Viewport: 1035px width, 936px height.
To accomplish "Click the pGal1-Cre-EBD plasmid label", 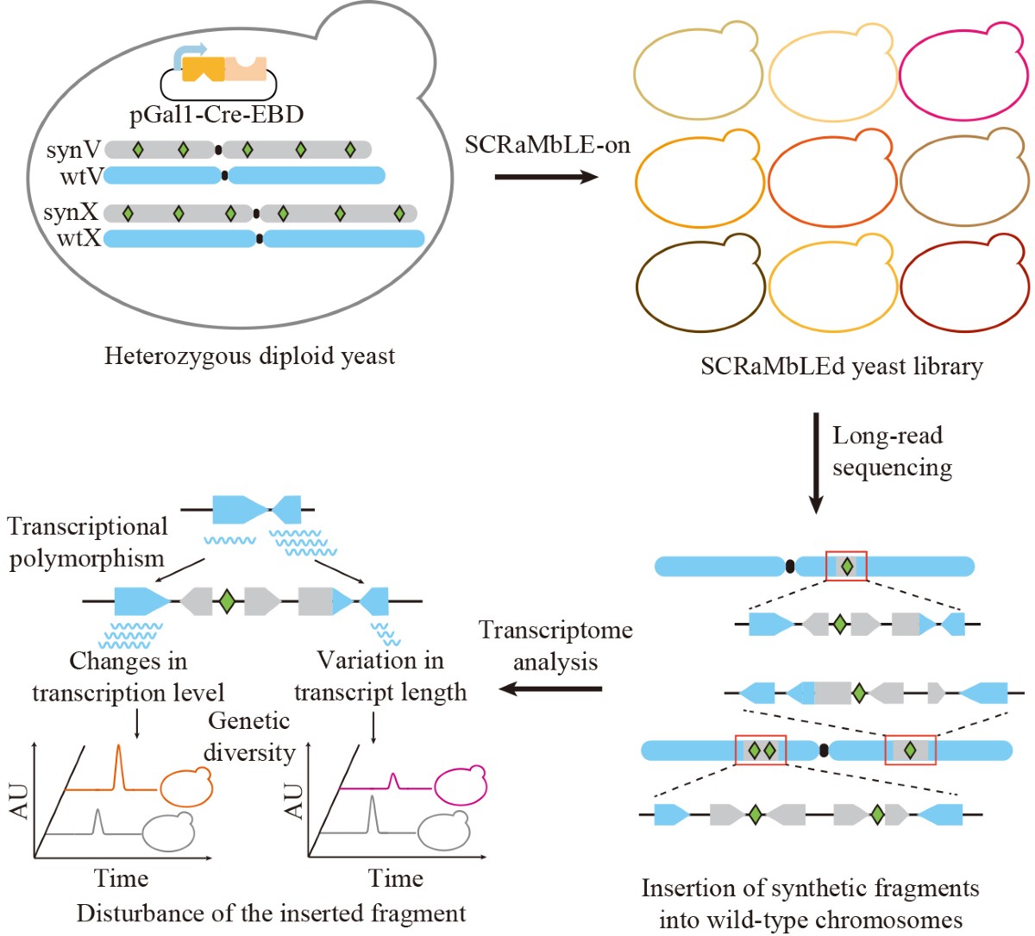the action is [216, 115].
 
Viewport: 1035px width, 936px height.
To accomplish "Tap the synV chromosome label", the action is [74, 150].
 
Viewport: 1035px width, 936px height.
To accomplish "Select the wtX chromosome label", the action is [79, 238].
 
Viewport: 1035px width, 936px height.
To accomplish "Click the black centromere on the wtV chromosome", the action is [224, 175].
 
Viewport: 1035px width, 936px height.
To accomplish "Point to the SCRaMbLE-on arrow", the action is [546, 177].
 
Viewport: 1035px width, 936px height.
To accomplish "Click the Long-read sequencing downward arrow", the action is [816, 463].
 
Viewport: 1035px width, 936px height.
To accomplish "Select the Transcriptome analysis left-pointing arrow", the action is [550, 688].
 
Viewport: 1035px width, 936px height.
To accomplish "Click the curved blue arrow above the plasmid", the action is [191, 55].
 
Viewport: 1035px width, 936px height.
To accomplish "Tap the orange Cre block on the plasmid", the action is [204, 69].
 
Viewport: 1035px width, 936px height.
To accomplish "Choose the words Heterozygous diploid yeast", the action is [250, 355].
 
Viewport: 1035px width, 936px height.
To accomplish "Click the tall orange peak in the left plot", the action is [119, 766].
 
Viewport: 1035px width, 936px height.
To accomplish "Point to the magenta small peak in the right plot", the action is [393, 780].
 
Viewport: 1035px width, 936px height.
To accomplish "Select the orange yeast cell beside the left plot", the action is [186, 786].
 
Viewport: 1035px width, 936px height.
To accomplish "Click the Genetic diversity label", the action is [250, 737].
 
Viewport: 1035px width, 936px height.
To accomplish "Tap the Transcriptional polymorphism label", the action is [87, 543].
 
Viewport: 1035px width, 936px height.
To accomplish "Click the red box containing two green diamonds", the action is [761, 751].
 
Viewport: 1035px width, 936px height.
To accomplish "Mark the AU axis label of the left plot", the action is [20, 801].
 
